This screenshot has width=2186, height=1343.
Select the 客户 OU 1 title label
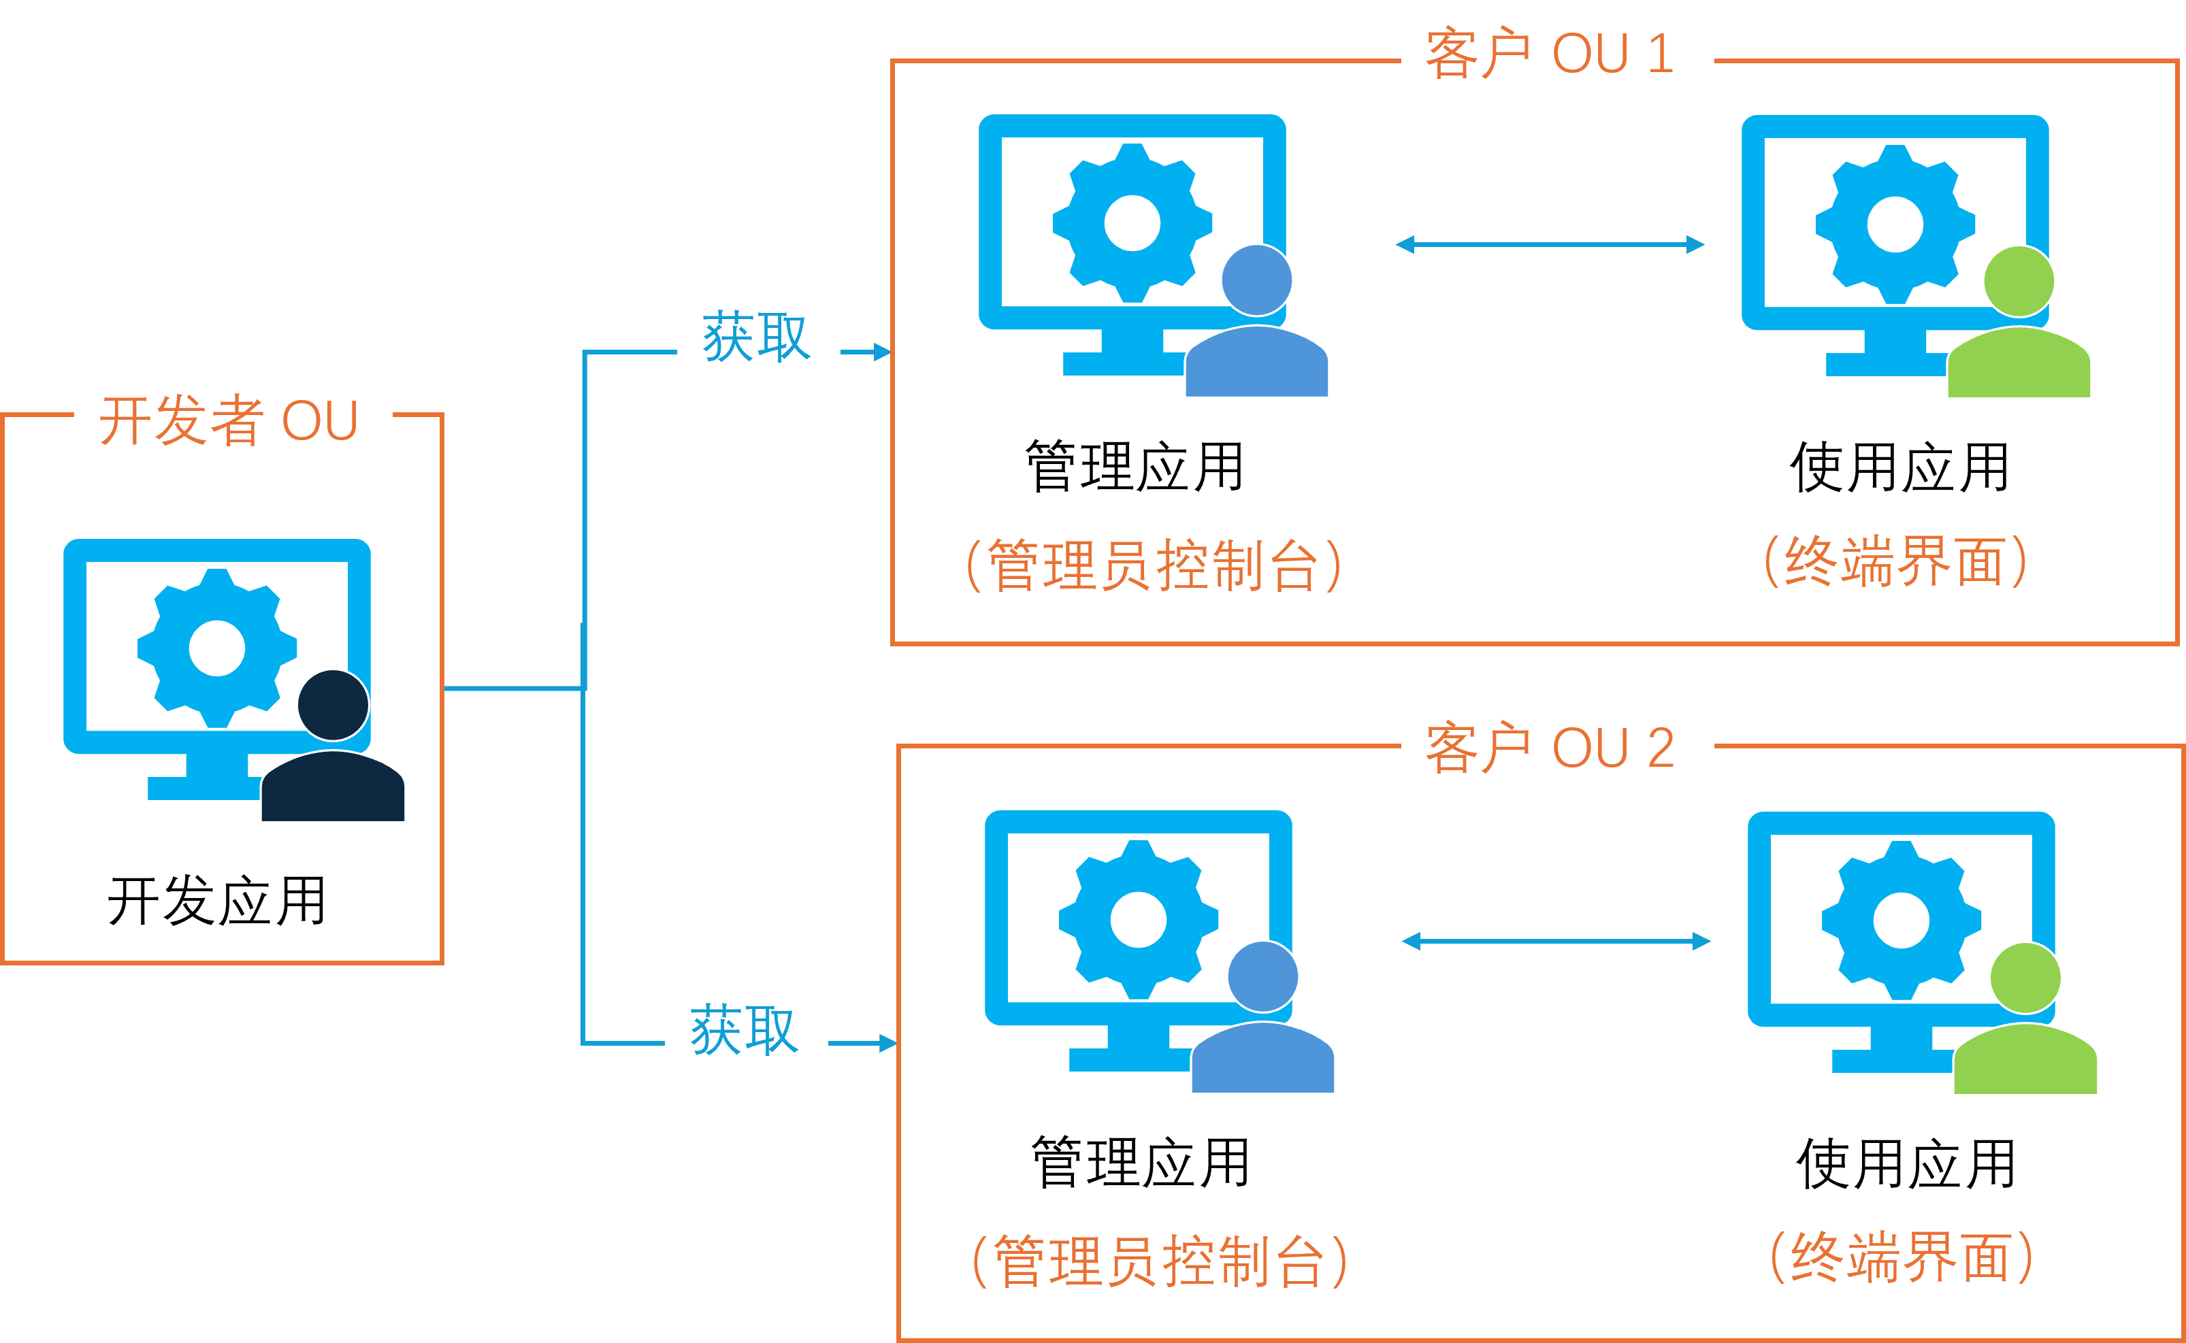click(1556, 52)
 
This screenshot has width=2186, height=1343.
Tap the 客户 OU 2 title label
click(1556, 746)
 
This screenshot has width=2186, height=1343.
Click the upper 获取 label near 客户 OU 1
click(757, 336)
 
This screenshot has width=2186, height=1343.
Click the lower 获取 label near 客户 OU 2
click(746, 1029)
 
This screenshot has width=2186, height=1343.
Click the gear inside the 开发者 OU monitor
click(218, 648)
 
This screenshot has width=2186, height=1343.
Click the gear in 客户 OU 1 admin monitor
click(1132, 223)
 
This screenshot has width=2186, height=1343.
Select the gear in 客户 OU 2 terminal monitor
click(1901, 921)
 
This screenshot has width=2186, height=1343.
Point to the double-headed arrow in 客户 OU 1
click(1550, 244)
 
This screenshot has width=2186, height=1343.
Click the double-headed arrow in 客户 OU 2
click(1556, 942)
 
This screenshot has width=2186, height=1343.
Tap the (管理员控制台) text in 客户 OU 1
click(1153, 565)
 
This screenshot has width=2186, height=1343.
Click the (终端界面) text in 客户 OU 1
click(1895, 561)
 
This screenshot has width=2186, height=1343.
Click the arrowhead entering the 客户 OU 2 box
click(887, 1044)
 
